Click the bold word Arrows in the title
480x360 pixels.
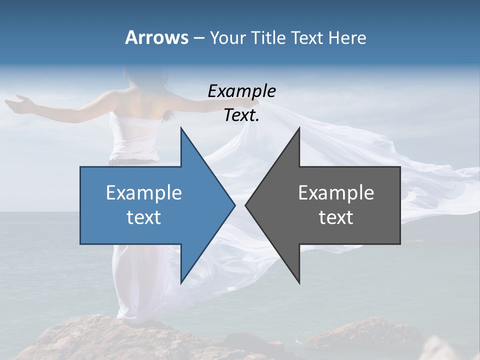(x=156, y=37)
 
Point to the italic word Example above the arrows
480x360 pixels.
(x=241, y=91)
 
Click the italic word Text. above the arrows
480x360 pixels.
(x=241, y=115)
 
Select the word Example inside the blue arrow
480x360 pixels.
(x=144, y=193)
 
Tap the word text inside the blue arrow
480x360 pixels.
(x=144, y=217)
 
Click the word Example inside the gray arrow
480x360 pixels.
(x=336, y=193)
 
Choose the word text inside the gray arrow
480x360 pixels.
(x=336, y=217)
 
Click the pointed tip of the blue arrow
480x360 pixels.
(x=234, y=205)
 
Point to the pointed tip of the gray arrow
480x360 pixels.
(x=246, y=205)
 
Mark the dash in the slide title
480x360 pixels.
(x=198, y=38)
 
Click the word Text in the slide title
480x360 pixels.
(x=308, y=38)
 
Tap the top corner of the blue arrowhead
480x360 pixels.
(x=181, y=128)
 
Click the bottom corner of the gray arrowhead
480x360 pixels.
(x=299, y=282)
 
